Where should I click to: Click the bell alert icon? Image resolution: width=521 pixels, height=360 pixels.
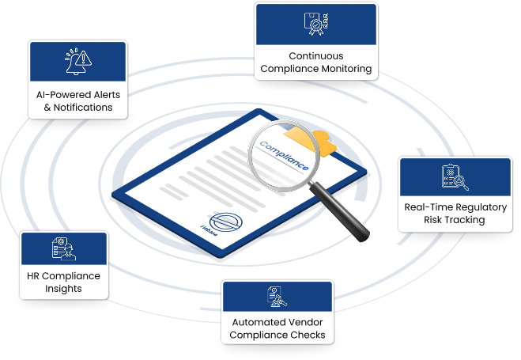point(77,60)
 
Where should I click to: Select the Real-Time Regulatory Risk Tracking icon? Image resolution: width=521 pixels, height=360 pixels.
point(455,177)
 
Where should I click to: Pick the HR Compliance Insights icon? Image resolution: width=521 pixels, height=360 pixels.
point(63,248)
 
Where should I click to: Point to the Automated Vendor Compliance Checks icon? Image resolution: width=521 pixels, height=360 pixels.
point(277,297)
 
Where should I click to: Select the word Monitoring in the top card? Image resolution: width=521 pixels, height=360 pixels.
point(342,69)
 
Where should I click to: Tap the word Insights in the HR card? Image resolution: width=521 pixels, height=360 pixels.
point(63,289)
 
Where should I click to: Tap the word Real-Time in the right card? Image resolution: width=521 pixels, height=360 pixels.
point(427,207)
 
